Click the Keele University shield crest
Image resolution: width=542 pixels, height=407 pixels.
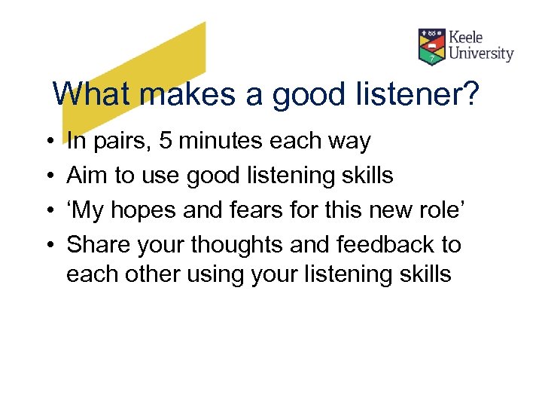(x=432, y=47)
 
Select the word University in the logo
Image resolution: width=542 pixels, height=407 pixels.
(x=481, y=54)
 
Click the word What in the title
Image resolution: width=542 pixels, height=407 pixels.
(x=94, y=95)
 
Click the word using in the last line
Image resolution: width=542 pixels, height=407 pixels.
(x=228, y=274)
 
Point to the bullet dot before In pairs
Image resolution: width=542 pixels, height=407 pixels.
(x=47, y=142)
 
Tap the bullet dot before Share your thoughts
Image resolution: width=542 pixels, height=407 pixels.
(x=47, y=246)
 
